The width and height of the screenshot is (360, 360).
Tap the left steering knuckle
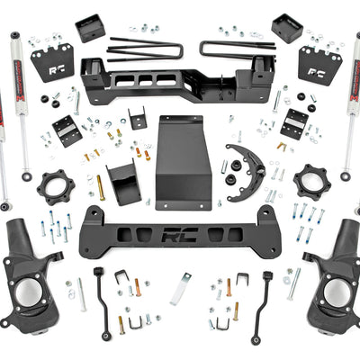point(27,270)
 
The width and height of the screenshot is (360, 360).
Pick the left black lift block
point(89,27)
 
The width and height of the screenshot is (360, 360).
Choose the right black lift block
point(287,27)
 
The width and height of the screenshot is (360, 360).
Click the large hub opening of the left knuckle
point(28,292)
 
